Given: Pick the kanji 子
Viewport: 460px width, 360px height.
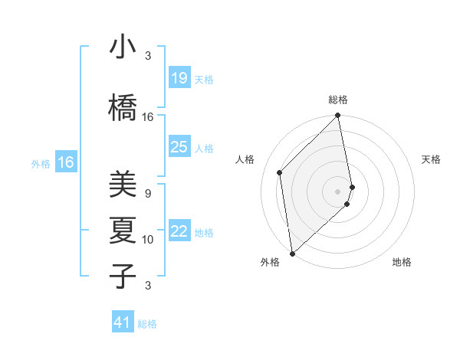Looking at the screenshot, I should (123, 274).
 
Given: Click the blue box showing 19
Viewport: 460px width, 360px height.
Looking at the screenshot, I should (179, 78).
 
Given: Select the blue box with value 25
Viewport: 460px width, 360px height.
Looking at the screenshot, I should (179, 147).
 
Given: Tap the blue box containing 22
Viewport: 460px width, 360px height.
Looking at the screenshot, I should (179, 232).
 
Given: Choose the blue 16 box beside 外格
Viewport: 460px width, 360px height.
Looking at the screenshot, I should (66, 162).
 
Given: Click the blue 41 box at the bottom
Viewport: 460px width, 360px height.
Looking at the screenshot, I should (123, 322).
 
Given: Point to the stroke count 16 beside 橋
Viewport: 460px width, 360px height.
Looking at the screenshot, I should (148, 116).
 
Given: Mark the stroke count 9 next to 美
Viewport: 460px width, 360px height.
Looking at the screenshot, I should (148, 194).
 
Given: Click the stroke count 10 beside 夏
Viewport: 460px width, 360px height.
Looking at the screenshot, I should (148, 240).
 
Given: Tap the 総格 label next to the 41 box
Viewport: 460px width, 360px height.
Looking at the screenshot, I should (147, 324).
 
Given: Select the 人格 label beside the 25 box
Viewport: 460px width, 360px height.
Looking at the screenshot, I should (204, 148).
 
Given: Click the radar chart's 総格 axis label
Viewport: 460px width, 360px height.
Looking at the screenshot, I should (338, 100).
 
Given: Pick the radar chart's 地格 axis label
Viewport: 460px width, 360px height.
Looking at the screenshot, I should (402, 262).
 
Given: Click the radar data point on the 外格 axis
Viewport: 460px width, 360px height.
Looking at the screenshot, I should (291, 253).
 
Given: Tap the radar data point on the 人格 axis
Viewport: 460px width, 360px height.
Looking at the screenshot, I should (280, 172).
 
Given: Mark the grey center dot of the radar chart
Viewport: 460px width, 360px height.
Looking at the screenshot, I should (338, 191).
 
